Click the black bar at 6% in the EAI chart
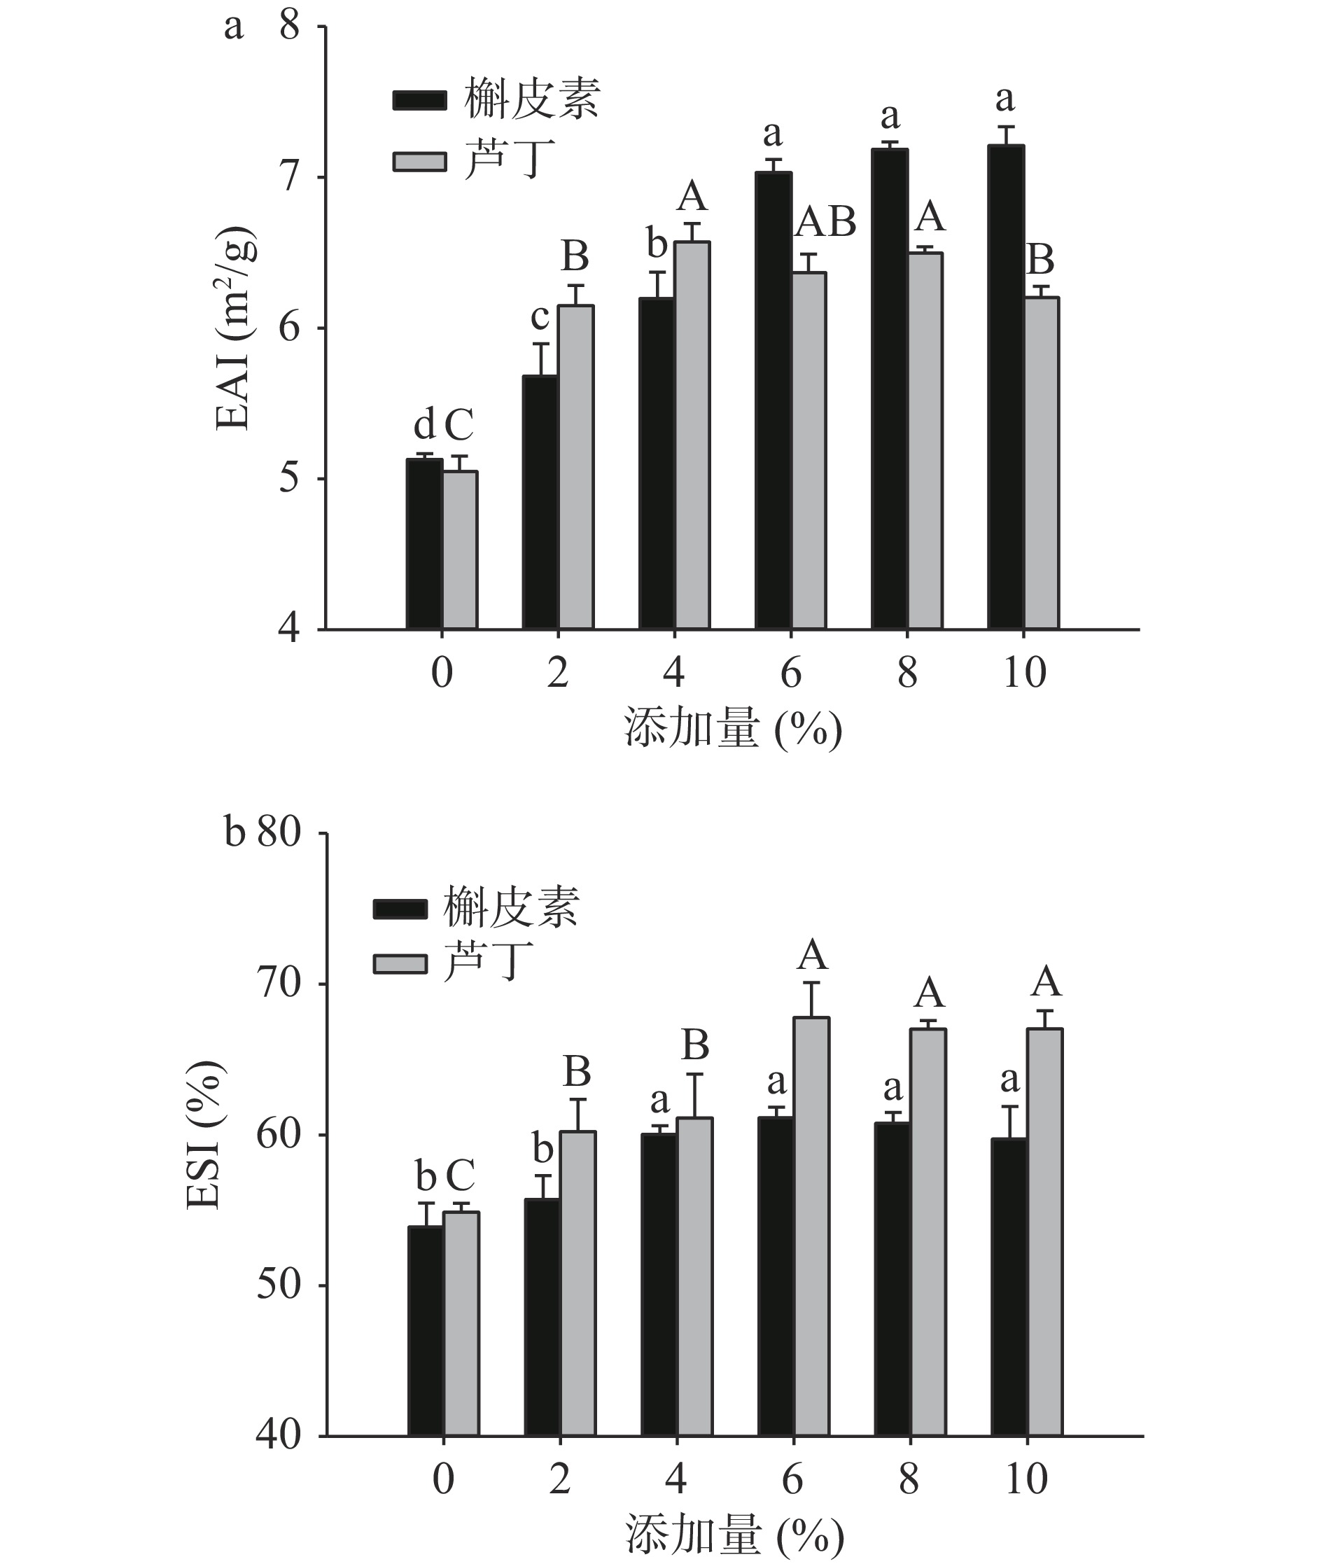tap(773, 400)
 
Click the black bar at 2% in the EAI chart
tap(540, 502)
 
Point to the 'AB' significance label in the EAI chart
tap(826, 222)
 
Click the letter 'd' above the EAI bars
tap(423, 426)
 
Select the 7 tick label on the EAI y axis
tap(288, 178)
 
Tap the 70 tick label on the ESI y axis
tap(279, 984)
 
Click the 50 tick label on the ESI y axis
tap(279, 1285)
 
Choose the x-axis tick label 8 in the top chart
tap(907, 672)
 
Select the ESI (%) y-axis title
tap(204, 1135)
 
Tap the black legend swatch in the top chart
tap(420, 101)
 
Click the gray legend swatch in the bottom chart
tap(400, 963)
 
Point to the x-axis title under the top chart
tap(733, 729)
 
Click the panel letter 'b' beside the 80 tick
tap(234, 832)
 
